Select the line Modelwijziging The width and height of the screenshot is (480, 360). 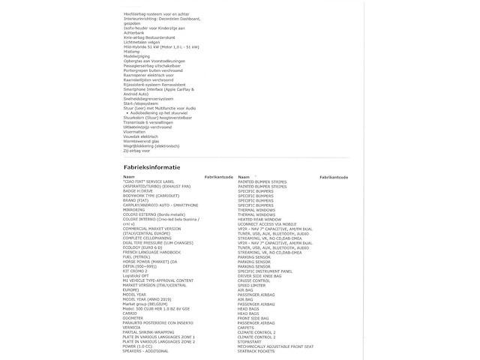[136, 56]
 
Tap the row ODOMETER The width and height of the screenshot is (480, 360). [135, 318]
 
